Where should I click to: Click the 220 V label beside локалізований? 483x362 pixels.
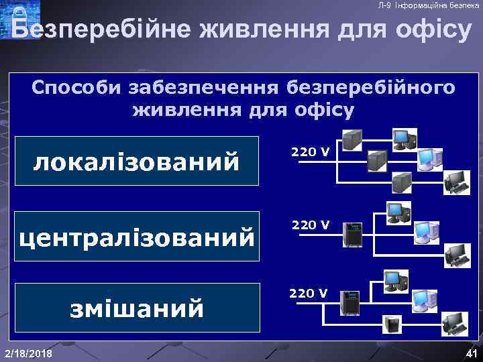(310, 152)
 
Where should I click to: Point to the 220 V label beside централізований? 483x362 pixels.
(310, 225)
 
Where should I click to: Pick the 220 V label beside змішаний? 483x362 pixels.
(309, 293)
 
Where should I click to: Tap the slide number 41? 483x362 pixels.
(470, 353)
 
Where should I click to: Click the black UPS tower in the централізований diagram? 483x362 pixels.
(352, 235)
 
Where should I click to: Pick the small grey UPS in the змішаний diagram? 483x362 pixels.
(392, 325)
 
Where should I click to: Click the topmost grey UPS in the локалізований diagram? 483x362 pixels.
(351, 139)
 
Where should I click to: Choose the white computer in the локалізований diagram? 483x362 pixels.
(429, 158)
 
